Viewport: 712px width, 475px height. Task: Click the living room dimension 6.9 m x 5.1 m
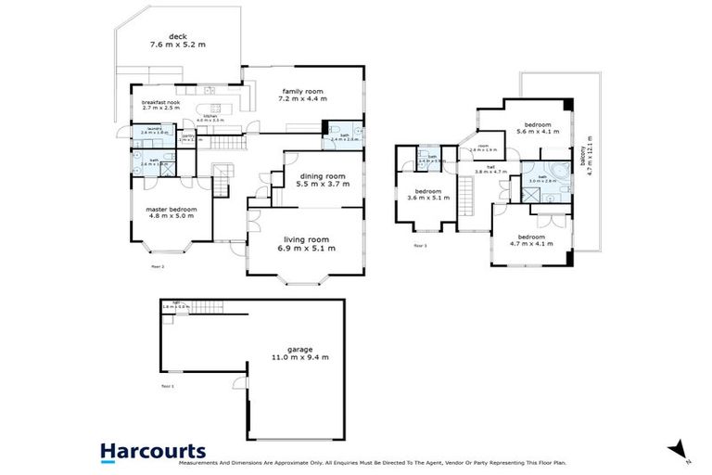(309, 249)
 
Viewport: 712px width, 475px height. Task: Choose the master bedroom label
(171, 209)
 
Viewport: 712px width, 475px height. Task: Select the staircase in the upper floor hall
(467, 195)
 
